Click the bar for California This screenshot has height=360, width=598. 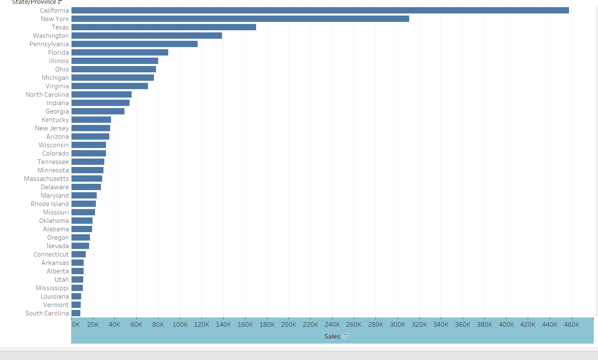(320, 11)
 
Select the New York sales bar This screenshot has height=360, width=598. (240, 19)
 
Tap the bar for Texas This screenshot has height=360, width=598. (164, 27)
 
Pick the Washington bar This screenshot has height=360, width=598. (146, 36)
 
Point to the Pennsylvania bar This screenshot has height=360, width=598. (134, 44)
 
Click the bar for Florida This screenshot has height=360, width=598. (119, 53)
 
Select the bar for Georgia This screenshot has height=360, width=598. (98, 111)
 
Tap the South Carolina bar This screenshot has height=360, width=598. (76, 313)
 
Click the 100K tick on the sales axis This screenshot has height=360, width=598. (180, 325)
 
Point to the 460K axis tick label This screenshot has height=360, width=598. (572, 325)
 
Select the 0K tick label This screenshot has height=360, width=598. (76, 325)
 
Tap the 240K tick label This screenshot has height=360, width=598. (332, 325)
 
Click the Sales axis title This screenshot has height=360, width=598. (332, 336)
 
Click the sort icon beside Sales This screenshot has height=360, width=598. (345, 336)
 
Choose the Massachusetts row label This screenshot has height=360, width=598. (46, 179)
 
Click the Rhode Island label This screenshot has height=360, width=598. (50, 204)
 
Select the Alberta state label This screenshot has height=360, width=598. (58, 271)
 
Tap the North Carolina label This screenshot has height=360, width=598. (47, 95)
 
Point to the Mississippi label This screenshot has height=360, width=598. (52, 288)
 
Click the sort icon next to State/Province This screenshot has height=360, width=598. (60, 2)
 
